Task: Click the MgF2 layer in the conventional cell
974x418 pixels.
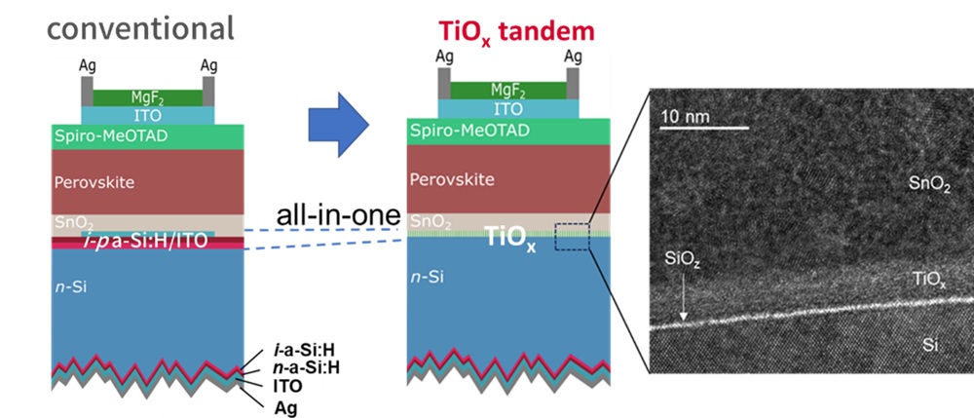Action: (146, 96)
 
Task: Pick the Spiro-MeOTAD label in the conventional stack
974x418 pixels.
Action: (109, 134)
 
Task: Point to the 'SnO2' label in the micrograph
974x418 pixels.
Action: (929, 185)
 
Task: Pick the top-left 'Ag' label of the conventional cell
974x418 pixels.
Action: (88, 64)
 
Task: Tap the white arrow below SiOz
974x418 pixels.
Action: (684, 298)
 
